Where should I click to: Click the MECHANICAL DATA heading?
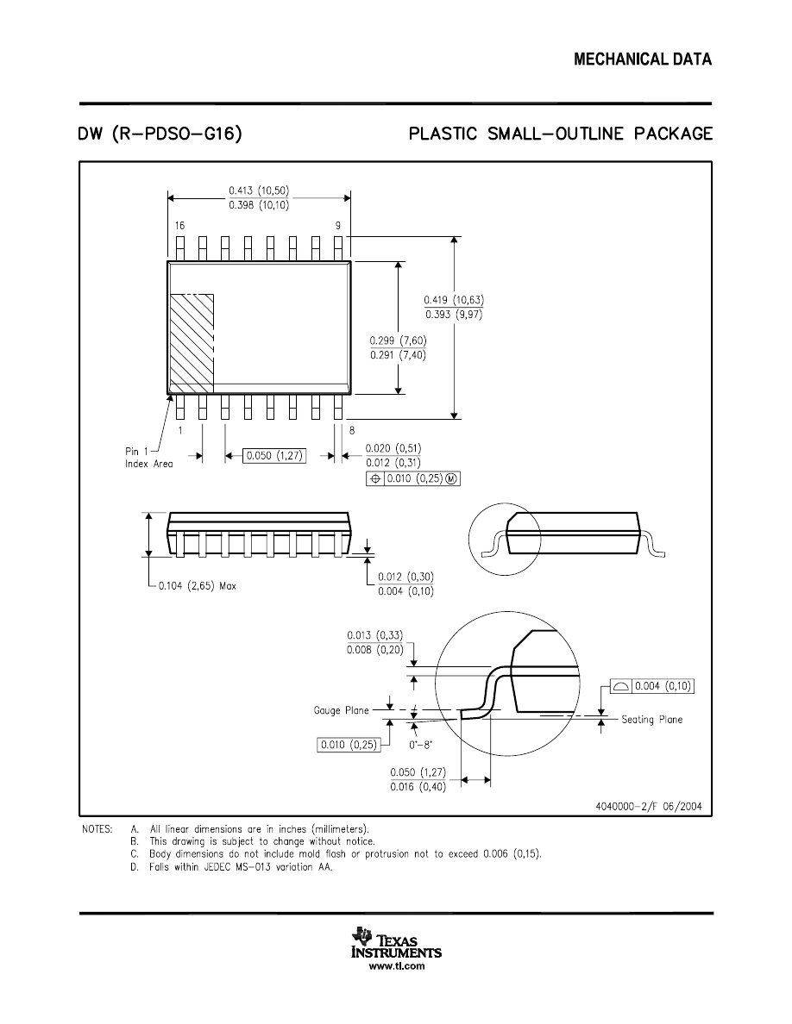pyautogui.click(x=643, y=59)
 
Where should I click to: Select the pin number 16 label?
pyautogui.click(x=179, y=225)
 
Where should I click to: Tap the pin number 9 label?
pyautogui.click(x=337, y=225)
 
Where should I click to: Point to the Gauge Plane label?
pyautogui.click(x=341, y=710)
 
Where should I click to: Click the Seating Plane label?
pyautogui.click(x=651, y=720)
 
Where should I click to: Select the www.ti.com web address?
pyautogui.click(x=396, y=967)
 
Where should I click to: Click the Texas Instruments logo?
pyautogui.click(x=396, y=945)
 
